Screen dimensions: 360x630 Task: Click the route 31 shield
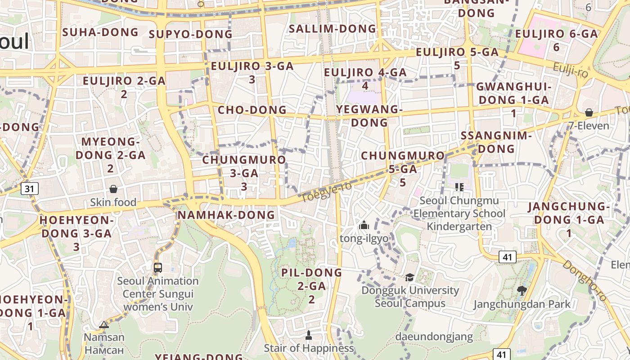click(29, 189)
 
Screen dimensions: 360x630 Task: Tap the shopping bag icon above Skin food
click(113, 189)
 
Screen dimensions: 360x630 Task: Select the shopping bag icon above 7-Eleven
click(589, 112)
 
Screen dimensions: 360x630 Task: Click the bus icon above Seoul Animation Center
click(157, 268)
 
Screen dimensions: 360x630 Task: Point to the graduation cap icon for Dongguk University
click(409, 277)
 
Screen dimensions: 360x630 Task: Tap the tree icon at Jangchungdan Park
click(522, 291)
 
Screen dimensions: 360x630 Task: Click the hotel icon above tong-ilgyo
click(364, 225)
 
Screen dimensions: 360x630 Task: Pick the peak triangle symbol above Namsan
click(104, 324)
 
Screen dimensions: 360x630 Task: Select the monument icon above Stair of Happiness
click(309, 335)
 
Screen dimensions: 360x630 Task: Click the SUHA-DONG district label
click(100, 32)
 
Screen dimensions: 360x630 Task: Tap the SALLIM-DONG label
click(333, 29)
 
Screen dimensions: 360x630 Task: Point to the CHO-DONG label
click(252, 110)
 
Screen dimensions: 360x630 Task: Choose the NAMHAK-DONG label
click(226, 215)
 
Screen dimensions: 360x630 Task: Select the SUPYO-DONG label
click(190, 34)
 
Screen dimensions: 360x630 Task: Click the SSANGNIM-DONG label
click(496, 142)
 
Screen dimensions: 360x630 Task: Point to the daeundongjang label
click(434, 336)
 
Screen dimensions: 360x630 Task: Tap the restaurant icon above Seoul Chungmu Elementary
click(459, 187)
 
